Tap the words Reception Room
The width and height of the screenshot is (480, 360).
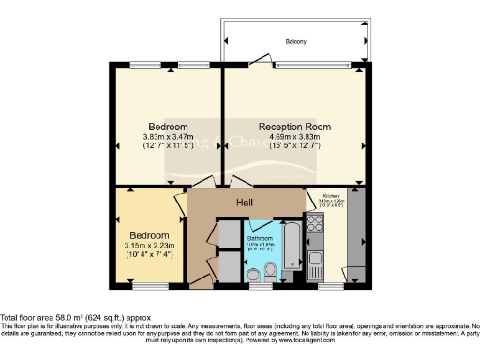[x=294, y=126]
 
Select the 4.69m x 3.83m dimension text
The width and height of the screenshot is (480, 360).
[x=294, y=137]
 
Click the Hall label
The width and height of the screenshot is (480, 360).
[x=244, y=202]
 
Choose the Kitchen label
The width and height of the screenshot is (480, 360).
[x=331, y=196]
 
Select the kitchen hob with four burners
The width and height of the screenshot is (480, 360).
[x=315, y=224]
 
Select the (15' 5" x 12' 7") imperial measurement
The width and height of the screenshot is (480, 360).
[x=294, y=147]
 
